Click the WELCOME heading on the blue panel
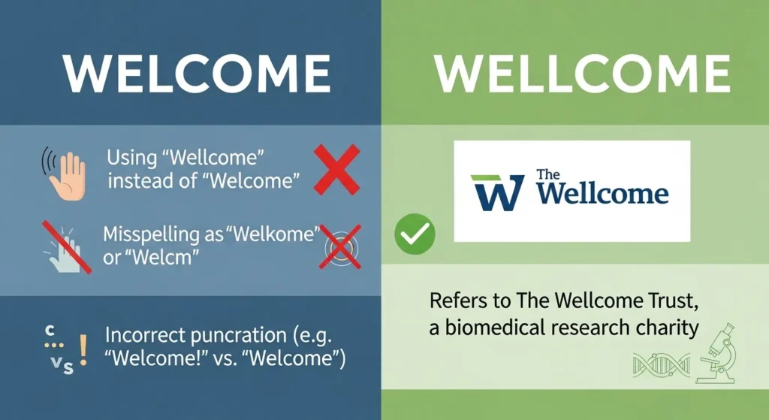click(x=197, y=74)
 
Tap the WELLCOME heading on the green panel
click(x=582, y=74)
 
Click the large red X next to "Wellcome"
click(x=335, y=171)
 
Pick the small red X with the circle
click(x=340, y=245)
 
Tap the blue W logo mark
click(x=498, y=193)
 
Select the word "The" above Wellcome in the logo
click(x=549, y=175)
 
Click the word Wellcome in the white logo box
click(x=603, y=194)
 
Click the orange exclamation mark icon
click(x=83, y=350)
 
